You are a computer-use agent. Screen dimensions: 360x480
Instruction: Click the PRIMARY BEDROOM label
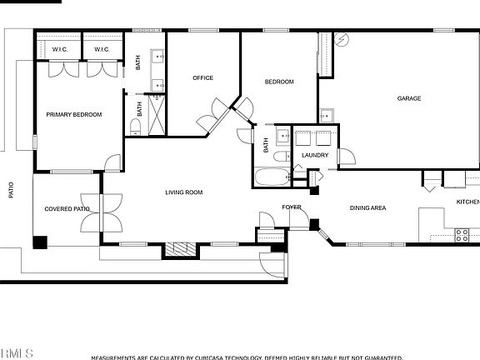73,115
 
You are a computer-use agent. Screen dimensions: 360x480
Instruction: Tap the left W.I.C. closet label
59,49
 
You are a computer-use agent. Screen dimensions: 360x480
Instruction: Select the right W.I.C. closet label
102,49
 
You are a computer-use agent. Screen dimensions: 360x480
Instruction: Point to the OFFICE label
202,78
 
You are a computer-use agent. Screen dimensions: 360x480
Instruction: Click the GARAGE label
408,98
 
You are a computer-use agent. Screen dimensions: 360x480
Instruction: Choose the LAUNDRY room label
315,155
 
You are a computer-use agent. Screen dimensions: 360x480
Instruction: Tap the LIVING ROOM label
183,192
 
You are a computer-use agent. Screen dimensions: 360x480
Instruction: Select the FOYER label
292,207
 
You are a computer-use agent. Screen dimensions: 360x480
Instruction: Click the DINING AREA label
367,208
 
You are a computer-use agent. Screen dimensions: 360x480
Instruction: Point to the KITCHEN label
467,202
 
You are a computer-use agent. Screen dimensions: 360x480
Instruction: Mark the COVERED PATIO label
67,209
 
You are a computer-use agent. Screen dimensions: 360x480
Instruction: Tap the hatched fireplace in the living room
177,248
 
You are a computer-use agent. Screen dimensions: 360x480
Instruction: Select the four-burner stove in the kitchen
462,236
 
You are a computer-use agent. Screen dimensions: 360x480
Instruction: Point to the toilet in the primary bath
135,126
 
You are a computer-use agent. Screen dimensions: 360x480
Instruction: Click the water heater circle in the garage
344,39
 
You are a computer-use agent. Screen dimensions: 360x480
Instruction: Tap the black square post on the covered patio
40,242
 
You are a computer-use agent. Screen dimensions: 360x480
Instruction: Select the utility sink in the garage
327,114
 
